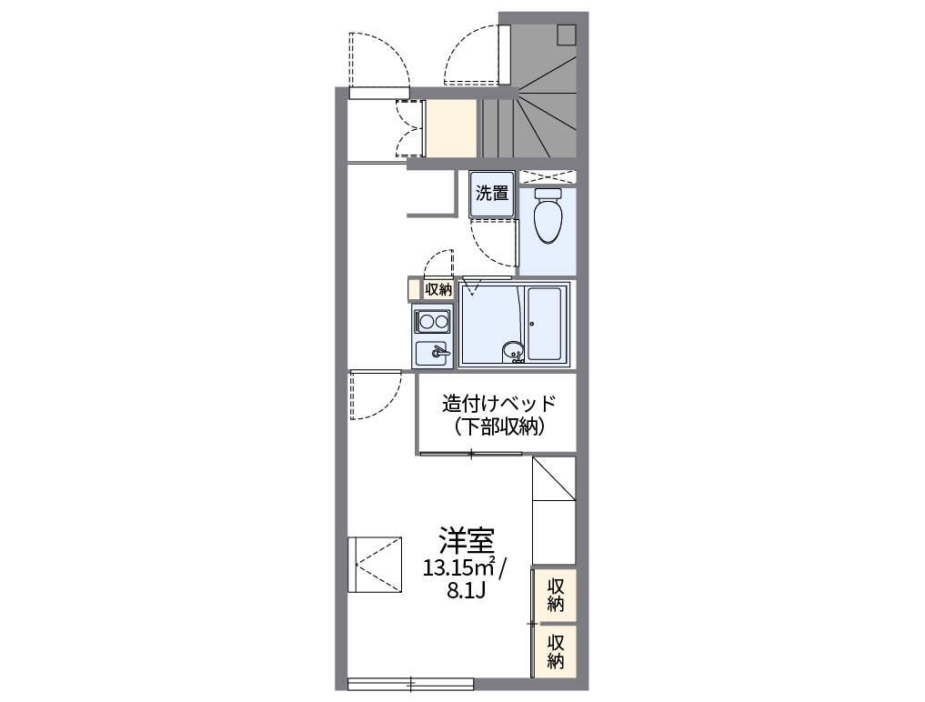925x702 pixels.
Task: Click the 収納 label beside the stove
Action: click(x=437, y=290)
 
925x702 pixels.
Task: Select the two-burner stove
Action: click(x=432, y=321)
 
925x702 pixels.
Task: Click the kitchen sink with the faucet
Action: click(x=433, y=352)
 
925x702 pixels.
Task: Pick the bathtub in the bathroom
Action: click(x=545, y=325)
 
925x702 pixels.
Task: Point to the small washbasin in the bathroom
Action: click(x=513, y=348)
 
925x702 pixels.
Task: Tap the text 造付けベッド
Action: click(x=498, y=404)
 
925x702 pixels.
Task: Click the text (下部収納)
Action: click(x=498, y=426)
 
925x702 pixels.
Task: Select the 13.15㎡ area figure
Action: click(x=457, y=568)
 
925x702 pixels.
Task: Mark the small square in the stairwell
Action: click(x=567, y=35)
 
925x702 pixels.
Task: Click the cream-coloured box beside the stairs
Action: click(x=452, y=129)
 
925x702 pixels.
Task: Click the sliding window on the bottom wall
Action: click(x=410, y=682)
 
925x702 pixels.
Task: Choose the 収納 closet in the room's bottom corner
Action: click(x=555, y=649)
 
